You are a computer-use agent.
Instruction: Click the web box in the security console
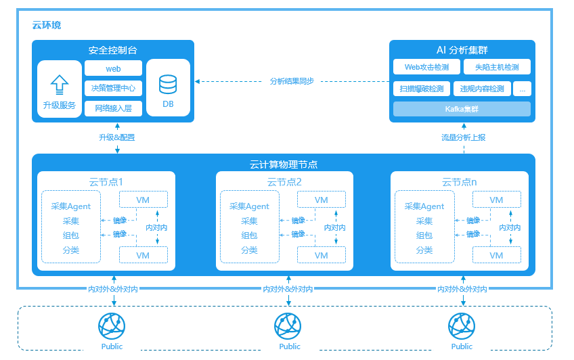click(113, 68)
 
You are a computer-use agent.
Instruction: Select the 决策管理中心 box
click(113, 88)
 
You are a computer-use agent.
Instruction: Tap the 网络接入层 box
click(113, 108)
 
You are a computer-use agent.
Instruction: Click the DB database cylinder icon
click(167, 85)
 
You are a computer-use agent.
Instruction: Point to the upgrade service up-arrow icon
click(60, 84)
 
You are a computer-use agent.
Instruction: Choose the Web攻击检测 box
click(426, 67)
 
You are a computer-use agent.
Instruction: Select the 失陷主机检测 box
click(497, 67)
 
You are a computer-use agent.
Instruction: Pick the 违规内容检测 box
click(482, 89)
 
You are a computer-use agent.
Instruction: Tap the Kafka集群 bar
click(462, 109)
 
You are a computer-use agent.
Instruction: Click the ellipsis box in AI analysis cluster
click(522, 89)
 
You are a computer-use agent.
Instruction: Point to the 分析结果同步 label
click(292, 81)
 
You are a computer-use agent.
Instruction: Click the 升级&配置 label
click(117, 137)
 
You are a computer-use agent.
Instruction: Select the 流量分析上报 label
click(463, 137)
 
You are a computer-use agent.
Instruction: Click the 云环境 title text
click(47, 25)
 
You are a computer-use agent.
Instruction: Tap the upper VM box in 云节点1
click(143, 200)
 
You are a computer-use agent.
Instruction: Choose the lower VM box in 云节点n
click(496, 255)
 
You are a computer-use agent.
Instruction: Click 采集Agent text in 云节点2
click(249, 206)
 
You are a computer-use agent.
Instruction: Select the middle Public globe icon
click(288, 327)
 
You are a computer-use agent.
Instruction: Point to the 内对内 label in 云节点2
click(335, 228)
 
